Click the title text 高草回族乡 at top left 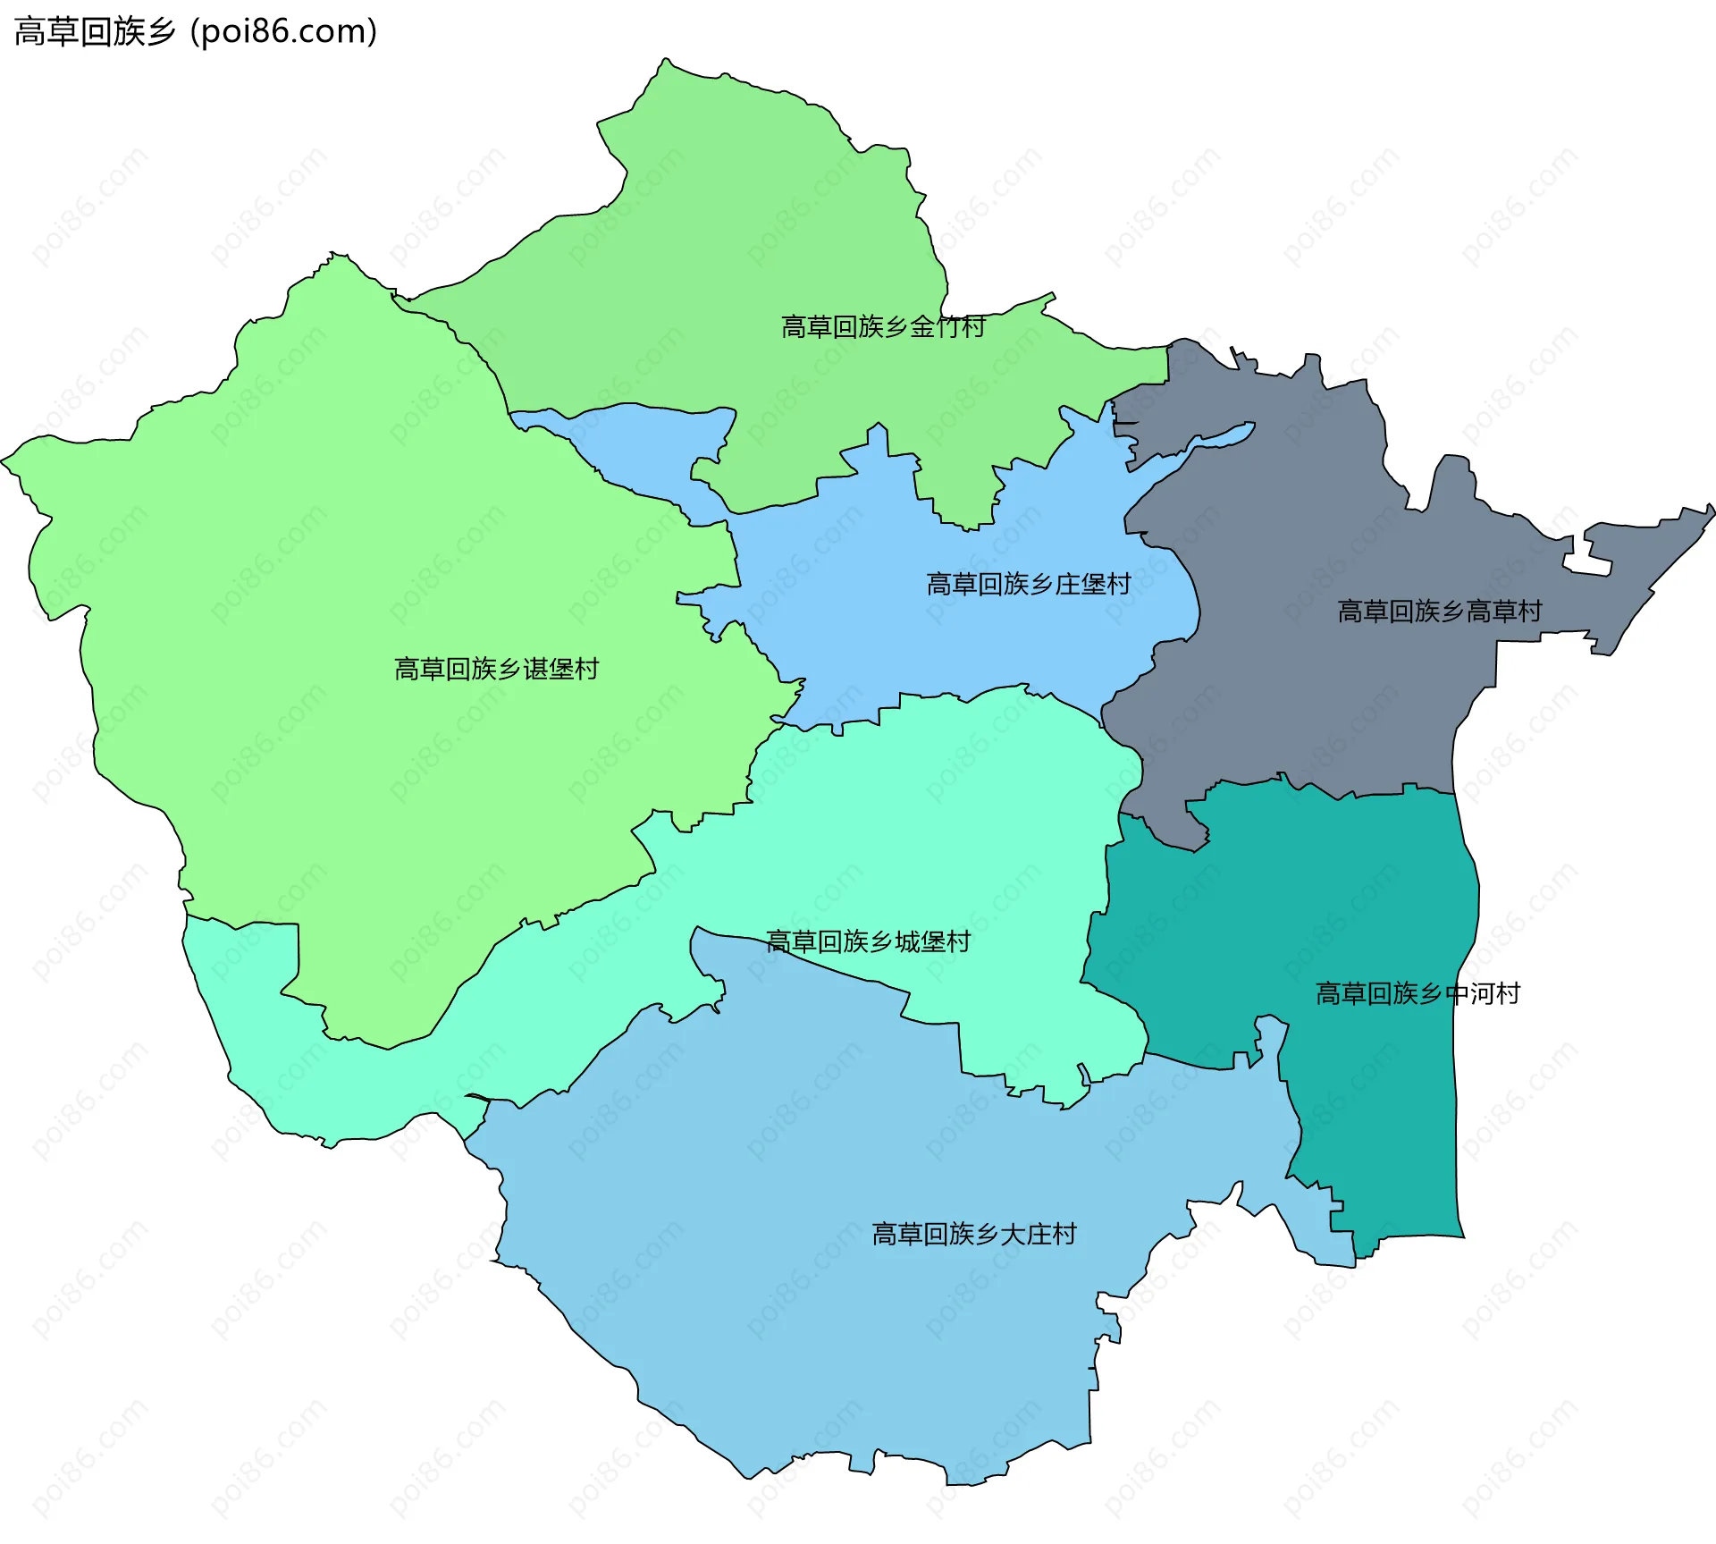[94, 32]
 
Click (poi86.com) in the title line [283, 32]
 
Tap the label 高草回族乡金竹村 [883, 327]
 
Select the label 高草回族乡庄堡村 [1028, 585]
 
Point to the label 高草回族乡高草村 [1439, 612]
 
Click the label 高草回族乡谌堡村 [496, 670]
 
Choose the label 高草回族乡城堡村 [868, 942]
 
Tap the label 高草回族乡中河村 [1417, 994]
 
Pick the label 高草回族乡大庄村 [974, 1235]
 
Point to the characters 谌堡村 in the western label [560, 670]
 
